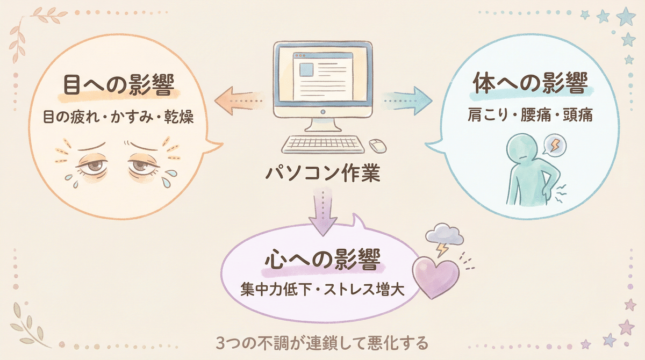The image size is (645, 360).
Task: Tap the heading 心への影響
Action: coord(322,262)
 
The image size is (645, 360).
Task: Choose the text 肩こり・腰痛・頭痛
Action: coord(529,115)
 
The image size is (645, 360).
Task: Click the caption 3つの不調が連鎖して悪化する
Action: coord(322,342)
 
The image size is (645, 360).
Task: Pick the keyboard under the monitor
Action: coord(321,145)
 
